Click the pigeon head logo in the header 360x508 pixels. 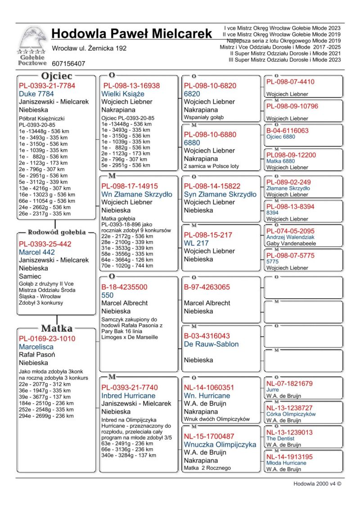coord(32,40)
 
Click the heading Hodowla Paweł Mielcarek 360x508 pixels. coord(131,34)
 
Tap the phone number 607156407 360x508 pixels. coord(68,64)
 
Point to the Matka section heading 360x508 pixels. coord(57,328)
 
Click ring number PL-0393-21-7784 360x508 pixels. coord(47,85)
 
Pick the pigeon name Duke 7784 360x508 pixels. coord(36,94)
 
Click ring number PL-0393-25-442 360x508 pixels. coord(45,244)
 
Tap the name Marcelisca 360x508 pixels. coord(36,347)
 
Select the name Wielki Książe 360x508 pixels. coord(123,94)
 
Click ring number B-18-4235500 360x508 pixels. coord(124,287)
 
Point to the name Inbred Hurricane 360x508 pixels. coord(128,396)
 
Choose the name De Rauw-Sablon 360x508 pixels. coord(211,344)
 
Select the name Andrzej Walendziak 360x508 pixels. coord(290,237)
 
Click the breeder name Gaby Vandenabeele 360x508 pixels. coord(291,244)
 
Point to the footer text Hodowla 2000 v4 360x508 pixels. coord(317,484)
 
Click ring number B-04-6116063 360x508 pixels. coord(287,130)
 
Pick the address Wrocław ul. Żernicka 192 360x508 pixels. coord(89,48)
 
